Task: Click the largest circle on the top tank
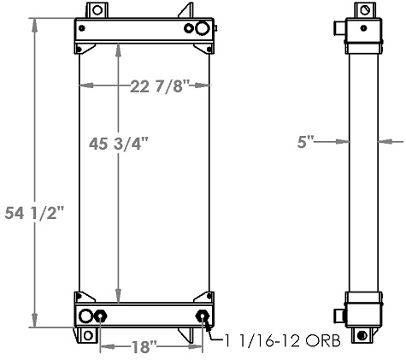(202, 29)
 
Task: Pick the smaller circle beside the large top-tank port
(189, 29)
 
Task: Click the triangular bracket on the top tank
(185, 13)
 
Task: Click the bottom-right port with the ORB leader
(203, 317)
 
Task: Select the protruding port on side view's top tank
(338, 29)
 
